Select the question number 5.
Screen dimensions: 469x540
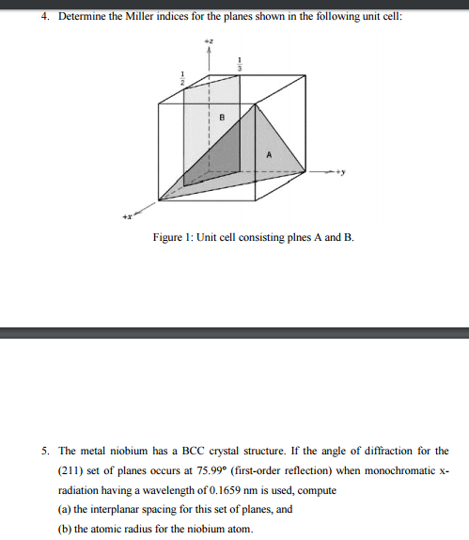[36, 451]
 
